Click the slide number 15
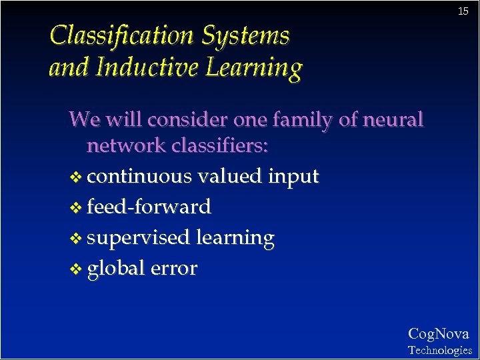pyautogui.click(x=463, y=11)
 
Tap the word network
pyautogui.click(x=127, y=145)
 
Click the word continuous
pyautogui.click(x=139, y=177)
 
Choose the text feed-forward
pyautogui.click(x=149, y=207)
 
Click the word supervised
pyautogui.click(x=139, y=239)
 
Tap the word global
pyautogui.click(x=116, y=269)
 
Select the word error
pyautogui.click(x=174, y=269)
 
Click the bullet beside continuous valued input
pyautogui.click(x=76, y=177)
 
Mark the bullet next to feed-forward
pyautogui.click(x=76, y=208)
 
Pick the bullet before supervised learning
pyautogui.click(x=76, y=239)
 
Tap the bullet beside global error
pyautogui.click(x=76, y=269)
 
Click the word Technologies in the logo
pyautogui.click(x=440, y=350)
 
